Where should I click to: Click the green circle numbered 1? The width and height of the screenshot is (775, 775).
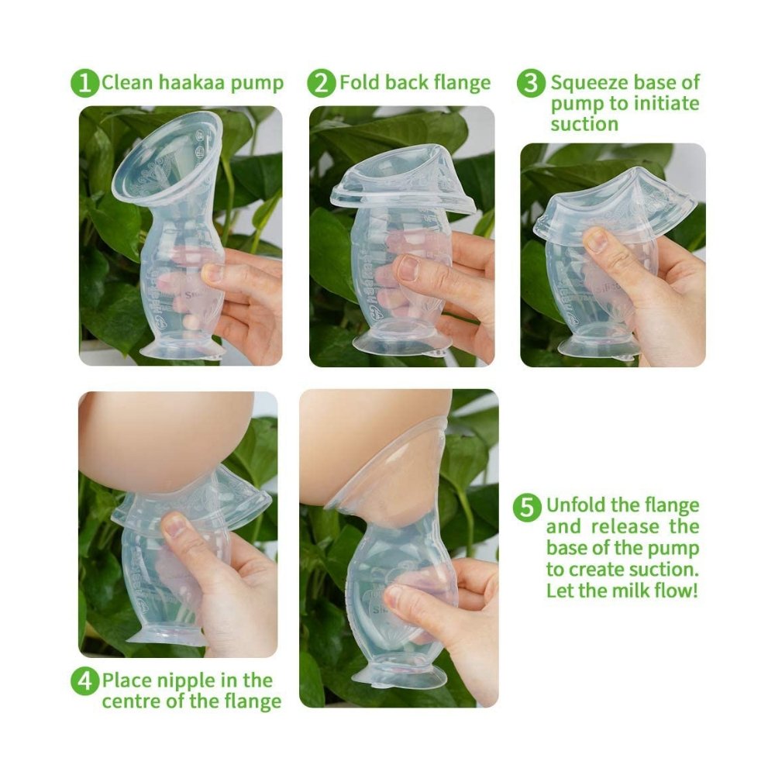(85, 83)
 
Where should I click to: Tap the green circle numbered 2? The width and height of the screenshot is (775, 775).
(322, 83)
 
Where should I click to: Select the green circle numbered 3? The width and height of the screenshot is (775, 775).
(532, 83)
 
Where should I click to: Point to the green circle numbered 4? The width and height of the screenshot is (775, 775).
(85, 681)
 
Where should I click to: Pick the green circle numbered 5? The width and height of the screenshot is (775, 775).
(527, 507)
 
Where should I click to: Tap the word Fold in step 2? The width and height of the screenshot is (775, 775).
(360, 82)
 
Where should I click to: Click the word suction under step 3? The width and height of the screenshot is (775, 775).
(584, 124)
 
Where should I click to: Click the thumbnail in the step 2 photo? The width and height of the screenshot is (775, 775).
(408, 267)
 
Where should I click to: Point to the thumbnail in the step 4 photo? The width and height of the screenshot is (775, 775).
(175, 525)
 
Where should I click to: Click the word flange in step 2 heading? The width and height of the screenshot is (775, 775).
(462, 83)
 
